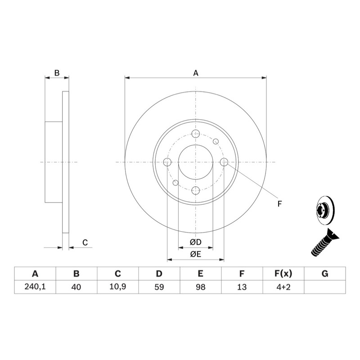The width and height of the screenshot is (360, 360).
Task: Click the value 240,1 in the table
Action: (35, 287)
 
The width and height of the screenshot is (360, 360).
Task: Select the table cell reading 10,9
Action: (117, 287)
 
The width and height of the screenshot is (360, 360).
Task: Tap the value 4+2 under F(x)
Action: (283, 287)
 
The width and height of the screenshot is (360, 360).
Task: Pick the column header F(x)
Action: (283, 274)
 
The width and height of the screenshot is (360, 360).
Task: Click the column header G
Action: (325, 274)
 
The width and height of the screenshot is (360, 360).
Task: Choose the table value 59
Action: (159, 287)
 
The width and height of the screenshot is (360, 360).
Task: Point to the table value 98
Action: (200, 287)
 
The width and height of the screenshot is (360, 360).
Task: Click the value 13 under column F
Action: (242, 287)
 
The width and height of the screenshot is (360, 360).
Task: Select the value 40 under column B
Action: (76, 287)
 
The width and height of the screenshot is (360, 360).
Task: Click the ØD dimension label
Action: (196, 242)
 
